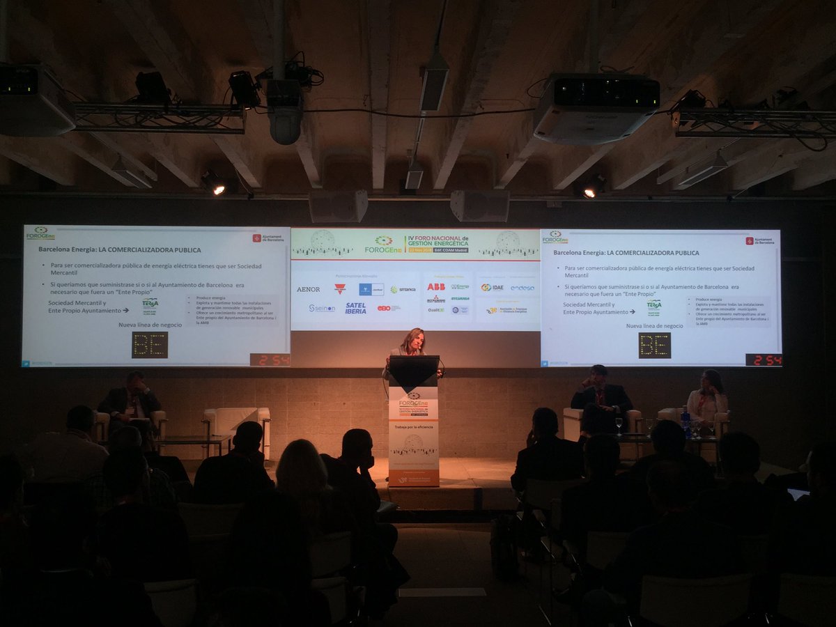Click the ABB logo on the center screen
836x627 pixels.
[x=436, y=286]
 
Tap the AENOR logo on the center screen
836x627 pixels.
[x=308, y=289]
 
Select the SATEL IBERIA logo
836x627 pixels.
[x=355, y=308]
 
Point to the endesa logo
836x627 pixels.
[x=522, y=288]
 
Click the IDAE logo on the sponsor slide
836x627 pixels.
[x=492, y=287]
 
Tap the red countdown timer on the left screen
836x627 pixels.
[x=270, y=359]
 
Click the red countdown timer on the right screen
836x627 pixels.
[x=764, y=359]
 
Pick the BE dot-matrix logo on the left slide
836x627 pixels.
[x=150, y=345]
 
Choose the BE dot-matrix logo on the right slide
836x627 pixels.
[x=654, y=345]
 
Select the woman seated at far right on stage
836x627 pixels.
[x=708, y=397]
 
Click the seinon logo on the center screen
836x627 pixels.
[x=322, y=308]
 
